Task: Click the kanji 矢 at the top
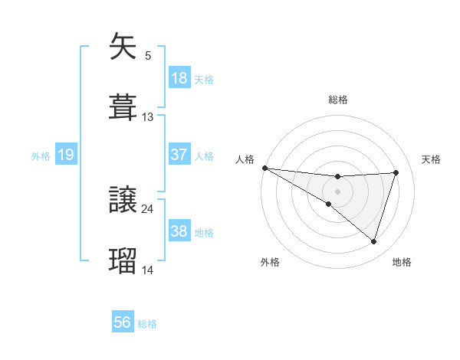[123, 46]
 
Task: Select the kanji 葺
[123, 106]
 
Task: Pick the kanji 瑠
[123, 260]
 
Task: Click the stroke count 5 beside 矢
[148, 56]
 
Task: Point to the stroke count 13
[148, 117]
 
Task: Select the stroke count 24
[148, 208]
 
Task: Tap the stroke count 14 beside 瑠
[148, 270]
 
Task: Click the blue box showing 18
[179, 78]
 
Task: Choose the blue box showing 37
[179, 155]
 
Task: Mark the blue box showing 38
[179, 231]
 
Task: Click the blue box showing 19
[66, 155]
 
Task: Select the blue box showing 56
[123, 322]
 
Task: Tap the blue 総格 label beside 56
[147, 324]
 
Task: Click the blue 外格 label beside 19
[41, 155]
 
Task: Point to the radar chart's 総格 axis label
[338, 100]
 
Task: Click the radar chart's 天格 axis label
[432, 159]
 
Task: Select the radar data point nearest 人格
[264, 167]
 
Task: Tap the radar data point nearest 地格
[373, 241]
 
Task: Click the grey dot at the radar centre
[337, 191]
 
